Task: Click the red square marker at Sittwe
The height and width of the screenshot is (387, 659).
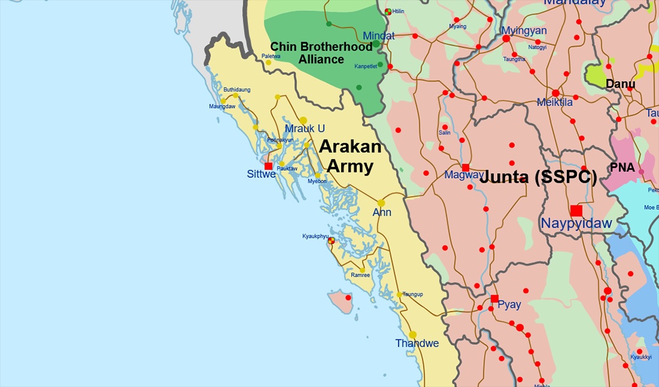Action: pos(268,166)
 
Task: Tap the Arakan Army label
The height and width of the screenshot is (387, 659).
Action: pos(350,156)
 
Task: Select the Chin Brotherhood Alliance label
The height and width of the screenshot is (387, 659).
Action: pos(321,53)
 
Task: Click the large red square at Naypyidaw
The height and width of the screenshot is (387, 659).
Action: pos(576,210)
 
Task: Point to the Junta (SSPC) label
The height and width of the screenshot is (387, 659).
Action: pos(538,177)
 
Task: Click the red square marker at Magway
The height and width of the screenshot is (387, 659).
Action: pos(466,168)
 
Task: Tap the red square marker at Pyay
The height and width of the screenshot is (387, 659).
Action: pos(494,299)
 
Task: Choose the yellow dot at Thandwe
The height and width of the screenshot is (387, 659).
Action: pos(413,335)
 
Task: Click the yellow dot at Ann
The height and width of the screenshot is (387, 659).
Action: pos(381,203)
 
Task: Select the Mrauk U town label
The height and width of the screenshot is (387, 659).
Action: pos(304,129)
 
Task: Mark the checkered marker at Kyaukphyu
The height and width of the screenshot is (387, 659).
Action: pos(331,241)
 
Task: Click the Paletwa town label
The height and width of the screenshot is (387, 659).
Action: pos(271,56)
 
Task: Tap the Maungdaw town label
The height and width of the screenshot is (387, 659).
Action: pos(222,107)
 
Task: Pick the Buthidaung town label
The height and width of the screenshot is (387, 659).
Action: pos(237,90)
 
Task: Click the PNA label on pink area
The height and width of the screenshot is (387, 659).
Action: pos(622,167)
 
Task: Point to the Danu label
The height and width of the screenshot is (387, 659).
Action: pos(620,84)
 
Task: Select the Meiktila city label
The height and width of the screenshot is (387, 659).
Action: pos(555,102)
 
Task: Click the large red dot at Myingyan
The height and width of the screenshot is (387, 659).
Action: pos(506,38)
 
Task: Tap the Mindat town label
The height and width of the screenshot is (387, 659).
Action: pos(378,35)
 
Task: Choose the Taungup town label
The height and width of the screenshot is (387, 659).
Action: pos(413,294)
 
